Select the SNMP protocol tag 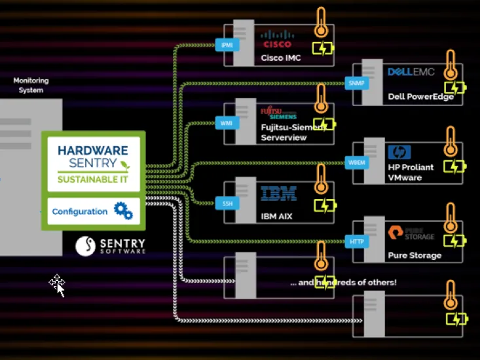coord(356,83)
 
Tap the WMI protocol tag coord(227,123)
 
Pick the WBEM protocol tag coord(355,162)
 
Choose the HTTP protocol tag coord(356,242)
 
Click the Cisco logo coord(277,40)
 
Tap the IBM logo coord(278,194)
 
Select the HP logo coord(399,153)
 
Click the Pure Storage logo coord(411,232)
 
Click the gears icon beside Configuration coord(123,211)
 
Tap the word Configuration coord(79,211)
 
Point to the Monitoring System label coord(31,85)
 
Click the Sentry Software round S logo coord(86,245)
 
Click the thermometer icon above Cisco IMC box coord(320,24)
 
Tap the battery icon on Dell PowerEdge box coord(454,88)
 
